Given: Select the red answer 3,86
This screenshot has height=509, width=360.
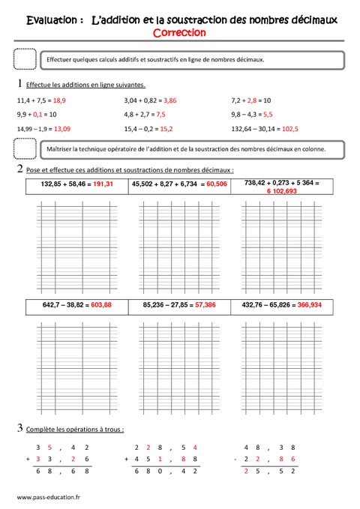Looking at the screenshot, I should click(169, 100).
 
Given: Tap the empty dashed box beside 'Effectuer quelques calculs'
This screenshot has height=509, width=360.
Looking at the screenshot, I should click(25, 58).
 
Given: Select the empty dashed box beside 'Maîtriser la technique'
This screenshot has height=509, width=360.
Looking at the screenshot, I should click(25, 149).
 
